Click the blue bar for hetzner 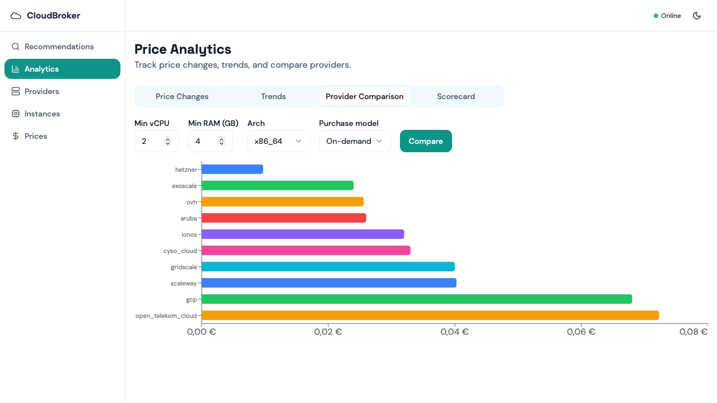232,169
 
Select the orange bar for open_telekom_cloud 430,315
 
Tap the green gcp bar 416,299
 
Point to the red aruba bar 283,218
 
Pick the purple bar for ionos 302,234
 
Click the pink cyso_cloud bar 306,250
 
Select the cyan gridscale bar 328,266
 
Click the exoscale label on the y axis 184,186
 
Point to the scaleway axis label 184,283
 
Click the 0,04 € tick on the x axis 454,332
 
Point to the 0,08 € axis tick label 693,332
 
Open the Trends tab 273,96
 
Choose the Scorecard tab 456,96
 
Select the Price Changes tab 182,96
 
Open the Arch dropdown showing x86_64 278,141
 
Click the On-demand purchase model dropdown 355,141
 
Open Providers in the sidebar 41,91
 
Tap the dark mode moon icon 697,16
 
